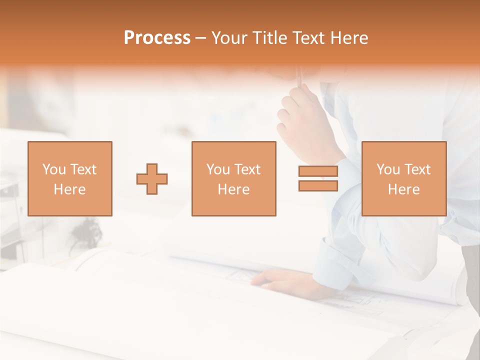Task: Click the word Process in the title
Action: pos(157,38)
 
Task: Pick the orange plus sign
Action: pos(152,179)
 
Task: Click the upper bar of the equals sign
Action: pos(318,171)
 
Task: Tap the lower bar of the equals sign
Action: pos(318,186)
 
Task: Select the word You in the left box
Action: pos(54,169)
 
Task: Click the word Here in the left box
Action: pos(69,189)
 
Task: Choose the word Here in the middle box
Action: pos(233,189)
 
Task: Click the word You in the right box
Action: pos(388,169)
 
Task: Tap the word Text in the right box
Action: pos(417,169)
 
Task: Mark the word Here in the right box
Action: pos(403,189)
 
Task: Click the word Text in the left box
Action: pos(83,169)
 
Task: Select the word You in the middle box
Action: pos(218,169)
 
